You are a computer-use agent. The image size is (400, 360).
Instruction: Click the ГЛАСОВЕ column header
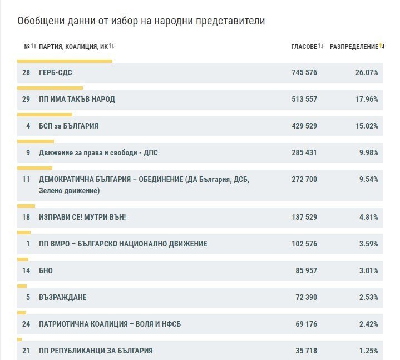pyautogui.click(x=304, y=46)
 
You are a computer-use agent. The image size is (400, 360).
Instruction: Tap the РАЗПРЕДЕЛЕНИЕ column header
pyautogui.click(x=354, y=46)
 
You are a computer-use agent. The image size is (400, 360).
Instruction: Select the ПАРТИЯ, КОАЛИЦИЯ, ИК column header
pyautogui.click(x=73, y=46)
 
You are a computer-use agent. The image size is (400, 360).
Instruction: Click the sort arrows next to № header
pyautogui.click(x=34, y=46)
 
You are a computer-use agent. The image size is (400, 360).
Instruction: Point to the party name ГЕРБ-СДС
pyautogui.click(x=56, y=72)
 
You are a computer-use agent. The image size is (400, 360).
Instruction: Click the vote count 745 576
pyautogui.click(x=304, y=72)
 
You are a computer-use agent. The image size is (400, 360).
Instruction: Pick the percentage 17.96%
pyautogui.click(x=367, y=99)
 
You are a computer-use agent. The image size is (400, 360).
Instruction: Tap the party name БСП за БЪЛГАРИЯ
pyautogui.click(x=68, y=126)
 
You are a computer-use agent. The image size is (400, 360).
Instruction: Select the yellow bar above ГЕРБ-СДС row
pyautogui.click(x=65, y=61)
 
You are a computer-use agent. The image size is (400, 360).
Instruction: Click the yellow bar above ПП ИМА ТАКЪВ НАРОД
pyautogui.click(x=50, y=88)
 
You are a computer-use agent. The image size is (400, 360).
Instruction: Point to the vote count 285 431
pyautogui.click(x=304, y=152)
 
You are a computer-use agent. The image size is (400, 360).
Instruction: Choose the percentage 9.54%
pyautogui.click(x=369, y=179)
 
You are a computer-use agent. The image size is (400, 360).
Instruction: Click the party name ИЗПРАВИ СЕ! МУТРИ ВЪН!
pyautogui.click(x=82, y=217)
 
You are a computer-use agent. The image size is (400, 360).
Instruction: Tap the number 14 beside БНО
pyautogui.click(x=26, y=270)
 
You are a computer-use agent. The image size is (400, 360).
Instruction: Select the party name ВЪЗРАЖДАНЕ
pyautogui.click(x=62, y=297)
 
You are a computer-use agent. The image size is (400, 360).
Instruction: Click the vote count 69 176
pyautogui.click(x=306, y=324)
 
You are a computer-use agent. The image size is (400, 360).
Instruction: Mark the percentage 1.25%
pyautogui.click(x=369, y=351)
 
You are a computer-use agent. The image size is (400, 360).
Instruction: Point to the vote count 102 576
pyautogui.click(x=304, y=244)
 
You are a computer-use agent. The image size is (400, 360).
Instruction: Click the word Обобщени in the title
pyautogui.click(x=41, y=21)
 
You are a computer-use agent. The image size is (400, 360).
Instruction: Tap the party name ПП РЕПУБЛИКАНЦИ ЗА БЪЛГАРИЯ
pyautogui.click(x=96, y=351)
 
